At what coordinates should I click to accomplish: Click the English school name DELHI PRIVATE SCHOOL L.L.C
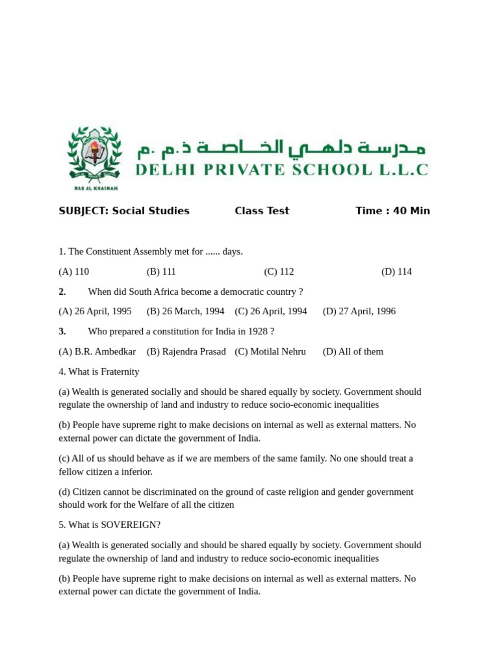(281, 170)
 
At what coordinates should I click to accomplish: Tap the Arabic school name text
(281, 148)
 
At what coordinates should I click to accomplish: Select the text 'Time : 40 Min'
(392, 211)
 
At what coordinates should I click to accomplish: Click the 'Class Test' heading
(262, 211)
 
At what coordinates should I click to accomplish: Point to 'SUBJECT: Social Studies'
(124, 211)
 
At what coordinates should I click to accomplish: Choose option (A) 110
(73, 271)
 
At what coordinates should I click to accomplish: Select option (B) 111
(161, 271)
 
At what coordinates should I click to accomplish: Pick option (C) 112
(279, 271)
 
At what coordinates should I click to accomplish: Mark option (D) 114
(396, 271)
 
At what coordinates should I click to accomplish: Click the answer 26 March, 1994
(185, 311)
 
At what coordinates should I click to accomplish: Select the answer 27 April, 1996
(359, 311)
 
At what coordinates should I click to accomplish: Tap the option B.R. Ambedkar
(97, 351)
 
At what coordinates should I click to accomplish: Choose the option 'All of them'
(353, 351)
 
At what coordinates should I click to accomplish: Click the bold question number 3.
(62, 331)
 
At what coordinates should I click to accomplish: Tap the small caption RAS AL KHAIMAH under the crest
(96, 188)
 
